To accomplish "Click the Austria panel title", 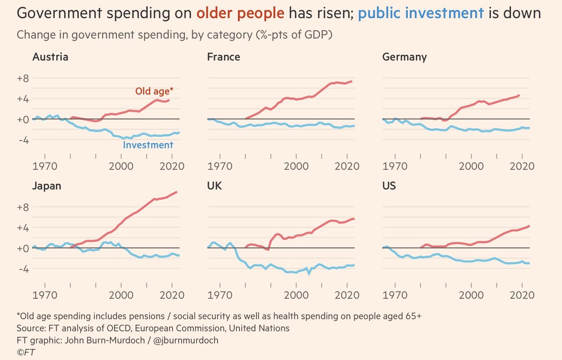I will tap(50, 57).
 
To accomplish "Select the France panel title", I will tap(223, 57).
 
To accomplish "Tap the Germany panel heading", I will tap(404, 57).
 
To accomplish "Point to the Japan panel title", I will tap(47, 186).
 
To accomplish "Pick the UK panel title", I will tap(214, 186).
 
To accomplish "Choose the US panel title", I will tap(389, 186).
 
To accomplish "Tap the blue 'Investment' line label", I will tap(148, 145).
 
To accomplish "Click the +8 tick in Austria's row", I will tap(22, 79).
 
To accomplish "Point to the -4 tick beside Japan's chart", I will tap(23, 269).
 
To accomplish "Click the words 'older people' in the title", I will tap(240, 14).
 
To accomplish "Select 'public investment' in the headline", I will tap(420, 14).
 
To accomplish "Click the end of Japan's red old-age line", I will tap(176, 192).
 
